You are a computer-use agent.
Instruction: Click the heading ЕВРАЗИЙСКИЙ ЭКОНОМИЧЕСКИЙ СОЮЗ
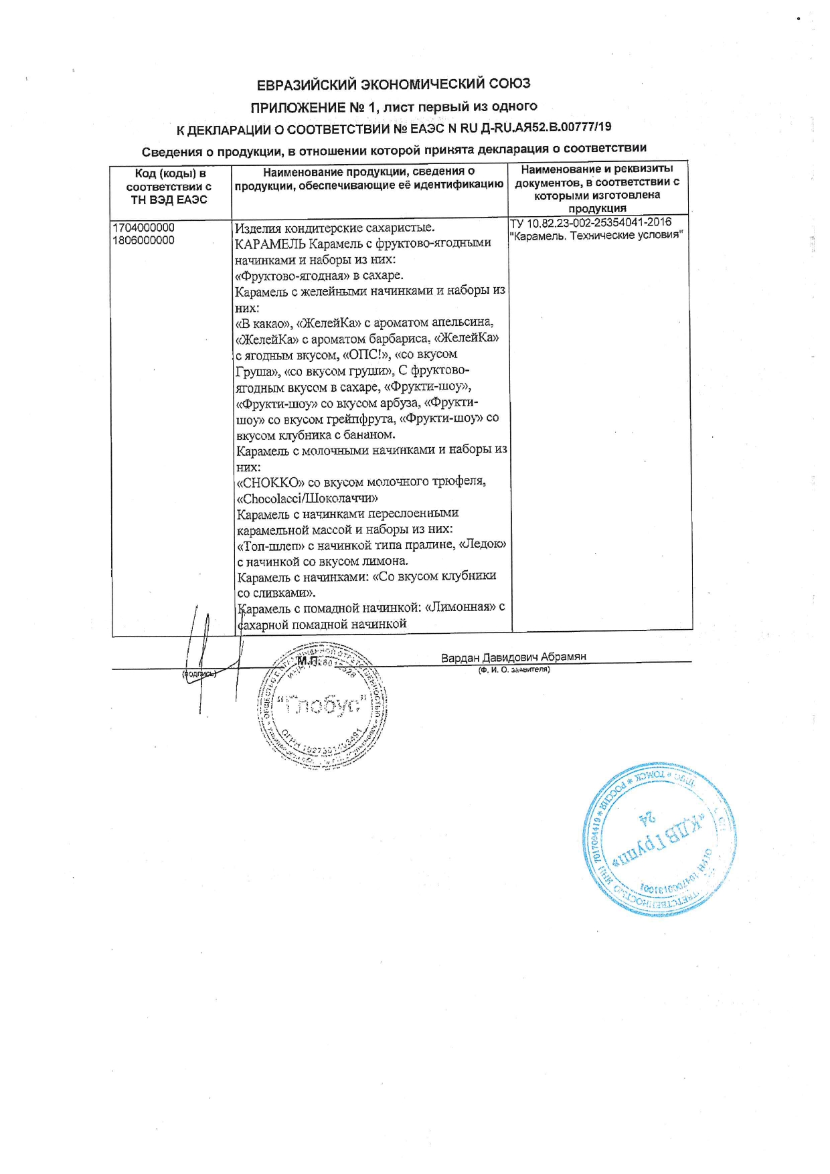394,84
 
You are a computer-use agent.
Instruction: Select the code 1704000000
144,228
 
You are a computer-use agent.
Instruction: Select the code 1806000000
144,240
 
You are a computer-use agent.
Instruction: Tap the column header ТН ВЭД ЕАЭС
169,200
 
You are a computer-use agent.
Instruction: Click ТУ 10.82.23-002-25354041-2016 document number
590,222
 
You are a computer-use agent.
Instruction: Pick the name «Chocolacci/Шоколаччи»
307,499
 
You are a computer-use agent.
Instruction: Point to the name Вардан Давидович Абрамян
513,657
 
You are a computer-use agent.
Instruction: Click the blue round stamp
659,839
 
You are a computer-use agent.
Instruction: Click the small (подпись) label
199,674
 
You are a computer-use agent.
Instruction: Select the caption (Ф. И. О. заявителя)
513,669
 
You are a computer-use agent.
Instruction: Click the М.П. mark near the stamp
308,661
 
